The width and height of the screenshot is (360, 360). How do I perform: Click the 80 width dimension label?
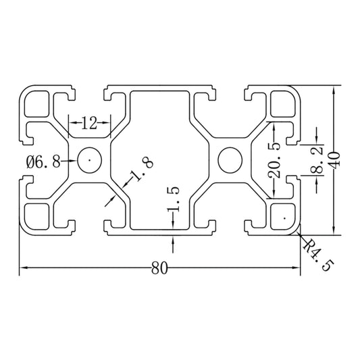coord(159,268)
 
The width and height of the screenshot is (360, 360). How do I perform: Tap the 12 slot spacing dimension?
coord(89,123)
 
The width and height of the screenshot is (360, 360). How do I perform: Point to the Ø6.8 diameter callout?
coord(43,161)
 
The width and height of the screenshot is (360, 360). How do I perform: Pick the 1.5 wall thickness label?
coord(173,199)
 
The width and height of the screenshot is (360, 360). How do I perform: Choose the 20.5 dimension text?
coord(274,160)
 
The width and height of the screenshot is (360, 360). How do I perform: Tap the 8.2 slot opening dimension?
coord(317,161)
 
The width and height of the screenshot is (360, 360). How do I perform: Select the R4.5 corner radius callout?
coord(318,255)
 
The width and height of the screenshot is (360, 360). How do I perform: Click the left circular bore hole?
coord(89,160)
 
